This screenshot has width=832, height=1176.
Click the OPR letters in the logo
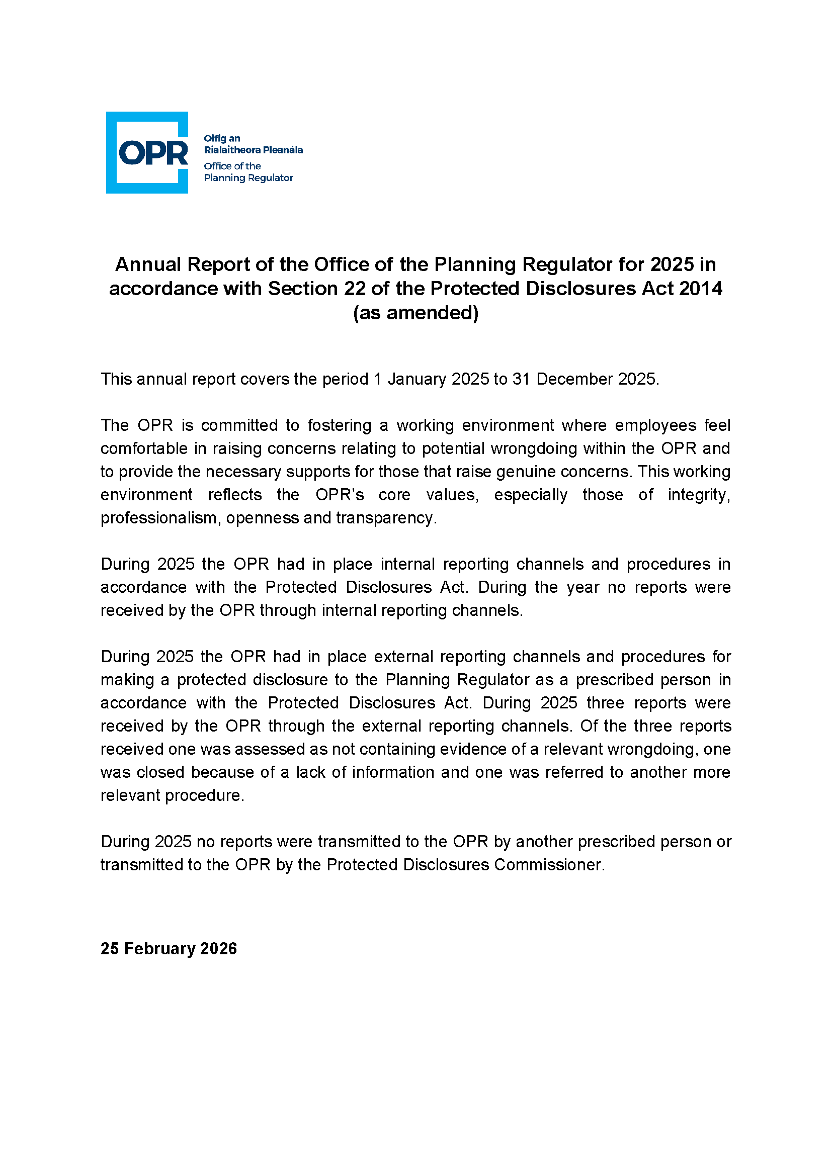[x=153, y=153]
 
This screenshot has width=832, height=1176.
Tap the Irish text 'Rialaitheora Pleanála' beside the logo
[x=253, y=150]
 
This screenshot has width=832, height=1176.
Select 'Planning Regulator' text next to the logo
[x=248, y=177]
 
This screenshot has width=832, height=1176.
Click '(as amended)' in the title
[x=415, y=312]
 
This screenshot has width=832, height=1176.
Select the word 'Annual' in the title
[x=148, y=264]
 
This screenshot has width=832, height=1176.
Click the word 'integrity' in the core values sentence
[x=699, y=495]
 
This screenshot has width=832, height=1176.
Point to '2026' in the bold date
[x=219, y=949]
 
